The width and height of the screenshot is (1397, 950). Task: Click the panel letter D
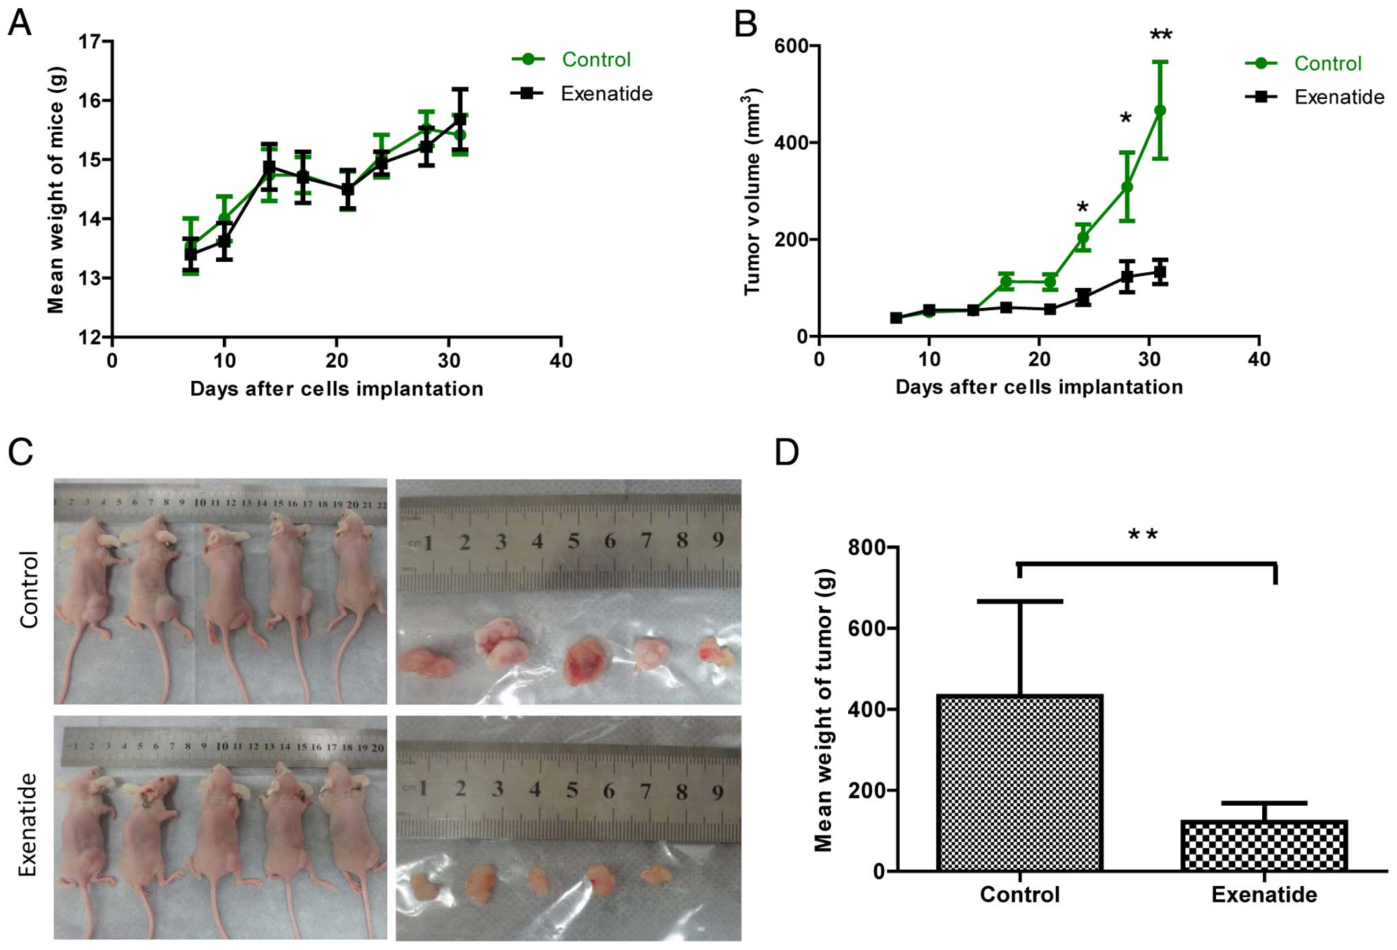pyautogui.click(x=787, y=452)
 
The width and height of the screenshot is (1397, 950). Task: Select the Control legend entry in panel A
pyautogui.click(x=596, y=60)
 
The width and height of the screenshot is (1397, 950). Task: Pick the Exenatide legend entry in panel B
pyautogui.click(x=1339, y=97)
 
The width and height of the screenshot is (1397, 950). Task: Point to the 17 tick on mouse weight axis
pyautogui.click(x=89, y=42)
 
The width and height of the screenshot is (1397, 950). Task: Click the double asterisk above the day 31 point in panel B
pyautogui.click(x=1161, y=35)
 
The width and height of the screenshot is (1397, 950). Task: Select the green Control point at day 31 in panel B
pyautogui.click(x=1160, y=110)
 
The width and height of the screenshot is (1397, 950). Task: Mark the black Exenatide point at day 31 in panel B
pyautogui.click(x=1160, y=272)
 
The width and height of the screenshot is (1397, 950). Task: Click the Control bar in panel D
pyautogui.click(x=1019, y=783)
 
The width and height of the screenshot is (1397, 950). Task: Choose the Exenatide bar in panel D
pyautogui.click(x=1264, y=846)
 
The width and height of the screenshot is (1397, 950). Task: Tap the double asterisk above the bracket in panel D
pyautogui.click(x=1143, y=534)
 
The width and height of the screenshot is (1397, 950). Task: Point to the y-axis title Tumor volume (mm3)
pyautogui.click(x=753, y=192)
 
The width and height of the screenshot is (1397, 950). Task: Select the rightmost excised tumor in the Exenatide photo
pyautogui.click(x=656, y=874)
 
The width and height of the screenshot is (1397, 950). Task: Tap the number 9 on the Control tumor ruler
pyautogui.click(x=717, y=540)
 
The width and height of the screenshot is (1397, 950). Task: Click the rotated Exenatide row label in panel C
pyautogui.click(x=28, y=824)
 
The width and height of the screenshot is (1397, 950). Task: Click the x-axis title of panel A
pyautogui.click(x=336, y=389)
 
